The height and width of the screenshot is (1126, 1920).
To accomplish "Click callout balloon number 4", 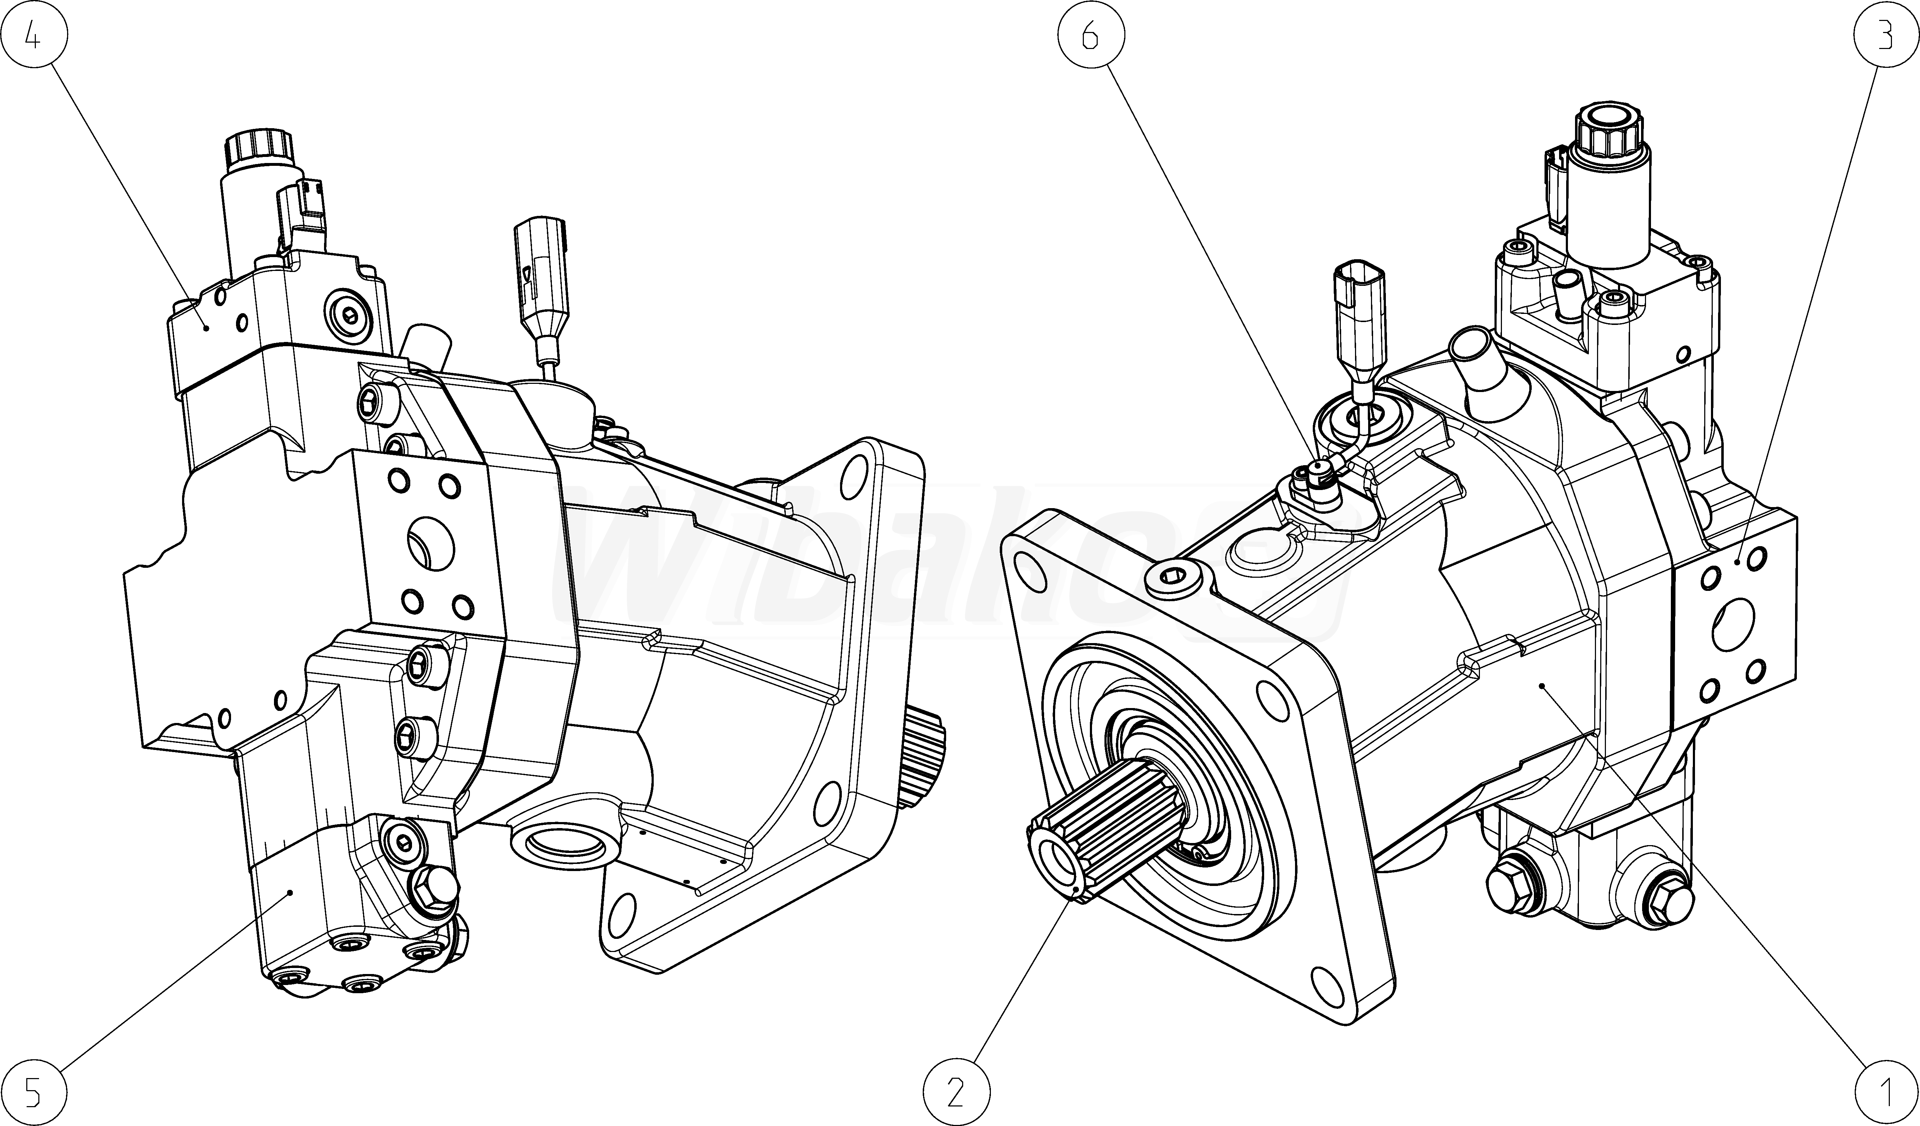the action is [33, 33].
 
